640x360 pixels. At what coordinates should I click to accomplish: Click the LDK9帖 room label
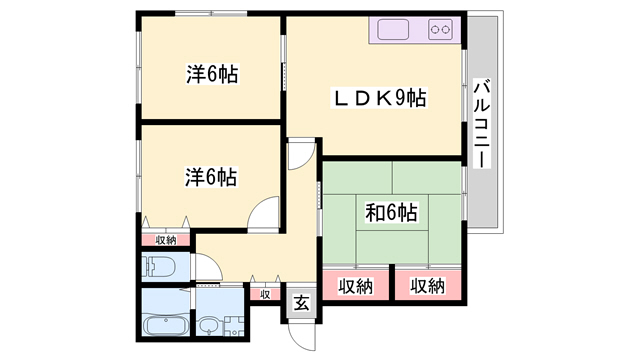(380, 98)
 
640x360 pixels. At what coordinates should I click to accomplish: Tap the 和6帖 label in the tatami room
(391, 213)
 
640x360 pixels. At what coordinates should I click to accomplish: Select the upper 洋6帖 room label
(212, 74)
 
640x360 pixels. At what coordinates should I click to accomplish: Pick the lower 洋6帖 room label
(211, 177)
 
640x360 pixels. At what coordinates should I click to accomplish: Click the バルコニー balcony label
(482, 123)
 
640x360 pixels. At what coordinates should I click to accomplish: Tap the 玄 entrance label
(302, 303)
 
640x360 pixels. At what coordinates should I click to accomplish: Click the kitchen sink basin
(393, 29)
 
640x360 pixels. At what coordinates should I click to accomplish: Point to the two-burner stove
(440, 29)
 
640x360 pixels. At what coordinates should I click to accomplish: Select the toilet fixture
(158, 267)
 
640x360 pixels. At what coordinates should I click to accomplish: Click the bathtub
(167, 326)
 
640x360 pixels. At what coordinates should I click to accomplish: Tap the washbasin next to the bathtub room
(210, 325)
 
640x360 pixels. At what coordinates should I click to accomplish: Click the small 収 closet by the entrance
(265, 294)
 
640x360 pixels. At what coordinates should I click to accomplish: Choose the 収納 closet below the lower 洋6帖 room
(166, 240)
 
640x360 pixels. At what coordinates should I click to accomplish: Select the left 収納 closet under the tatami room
(356, 285)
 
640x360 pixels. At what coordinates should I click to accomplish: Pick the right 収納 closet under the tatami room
(428, 285)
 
